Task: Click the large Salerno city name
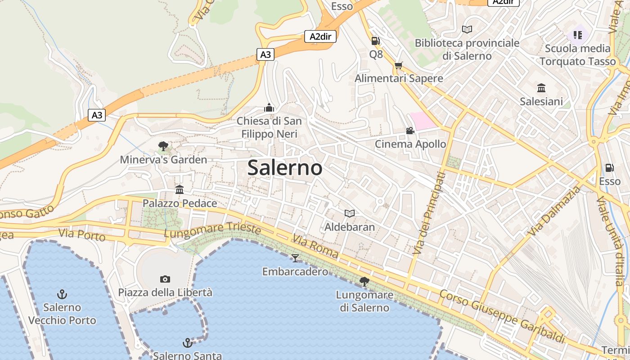click(x=285, y=168)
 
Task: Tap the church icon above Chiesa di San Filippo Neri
click(x=269, y=108)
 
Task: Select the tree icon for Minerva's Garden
click(x=163, y=146)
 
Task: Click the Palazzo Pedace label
click(x=180, y=203)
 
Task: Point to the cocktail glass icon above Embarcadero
click(x=295, y=258)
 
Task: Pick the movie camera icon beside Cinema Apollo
click(x=410, y=130)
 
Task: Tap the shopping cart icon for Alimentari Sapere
click(x=398, y=66)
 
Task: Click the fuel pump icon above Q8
click(x=375, y=41)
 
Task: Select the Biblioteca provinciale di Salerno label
click(x=467, y=49)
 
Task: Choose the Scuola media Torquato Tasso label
click(x=578, y=55)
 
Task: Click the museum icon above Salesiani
click(x=541, y=88)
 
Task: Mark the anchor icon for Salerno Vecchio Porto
click(x=62, y=294)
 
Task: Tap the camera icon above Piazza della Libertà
click(x=165, y=279)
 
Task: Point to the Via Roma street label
click(x=315, y=246)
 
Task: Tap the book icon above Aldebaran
click(x=350, y=213)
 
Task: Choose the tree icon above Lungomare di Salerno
click(x=364, y=282)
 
